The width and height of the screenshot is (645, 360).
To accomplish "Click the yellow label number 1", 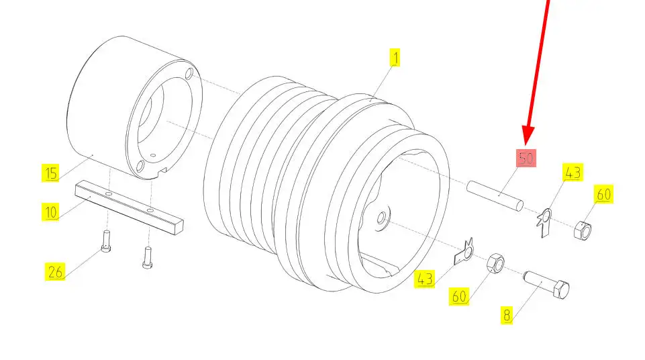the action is coord(395,58).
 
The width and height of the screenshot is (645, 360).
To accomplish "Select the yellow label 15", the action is coord(50,173).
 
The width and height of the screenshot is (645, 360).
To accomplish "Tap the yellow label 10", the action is coord(50,212).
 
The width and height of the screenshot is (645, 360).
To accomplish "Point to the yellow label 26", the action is coord(55,272).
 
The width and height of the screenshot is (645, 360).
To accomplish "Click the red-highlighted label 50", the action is coord(526,159).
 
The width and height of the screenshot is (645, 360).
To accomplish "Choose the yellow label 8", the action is coord(507,315).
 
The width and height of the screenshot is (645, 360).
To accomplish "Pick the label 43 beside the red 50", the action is coord(573,173).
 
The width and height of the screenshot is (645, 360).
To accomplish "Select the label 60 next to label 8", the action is coord(459,296).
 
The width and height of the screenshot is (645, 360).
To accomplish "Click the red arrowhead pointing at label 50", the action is coord(528,135).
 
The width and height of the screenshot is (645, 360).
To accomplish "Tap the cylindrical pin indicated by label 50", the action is coord(495,196).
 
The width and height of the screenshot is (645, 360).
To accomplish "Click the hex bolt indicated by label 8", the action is coord(546,284).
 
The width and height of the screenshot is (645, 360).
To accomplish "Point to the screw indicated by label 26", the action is coord(106,242).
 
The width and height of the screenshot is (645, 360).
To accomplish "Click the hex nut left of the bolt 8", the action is coord(495,263).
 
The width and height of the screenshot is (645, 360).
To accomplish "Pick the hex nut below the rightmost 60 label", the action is coord(583,230).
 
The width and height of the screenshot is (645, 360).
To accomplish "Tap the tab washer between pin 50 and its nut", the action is coord(544,222).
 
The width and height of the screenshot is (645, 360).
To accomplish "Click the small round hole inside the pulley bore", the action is coord(381,218).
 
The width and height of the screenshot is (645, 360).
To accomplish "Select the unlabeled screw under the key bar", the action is coord(148,257).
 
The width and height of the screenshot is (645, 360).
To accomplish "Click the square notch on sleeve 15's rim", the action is coord(163,171).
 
